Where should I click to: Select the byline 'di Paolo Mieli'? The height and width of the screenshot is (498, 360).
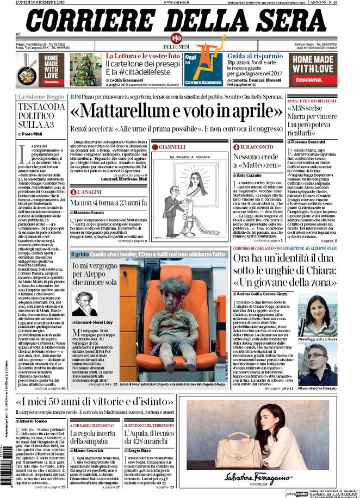[x=30, y=133]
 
